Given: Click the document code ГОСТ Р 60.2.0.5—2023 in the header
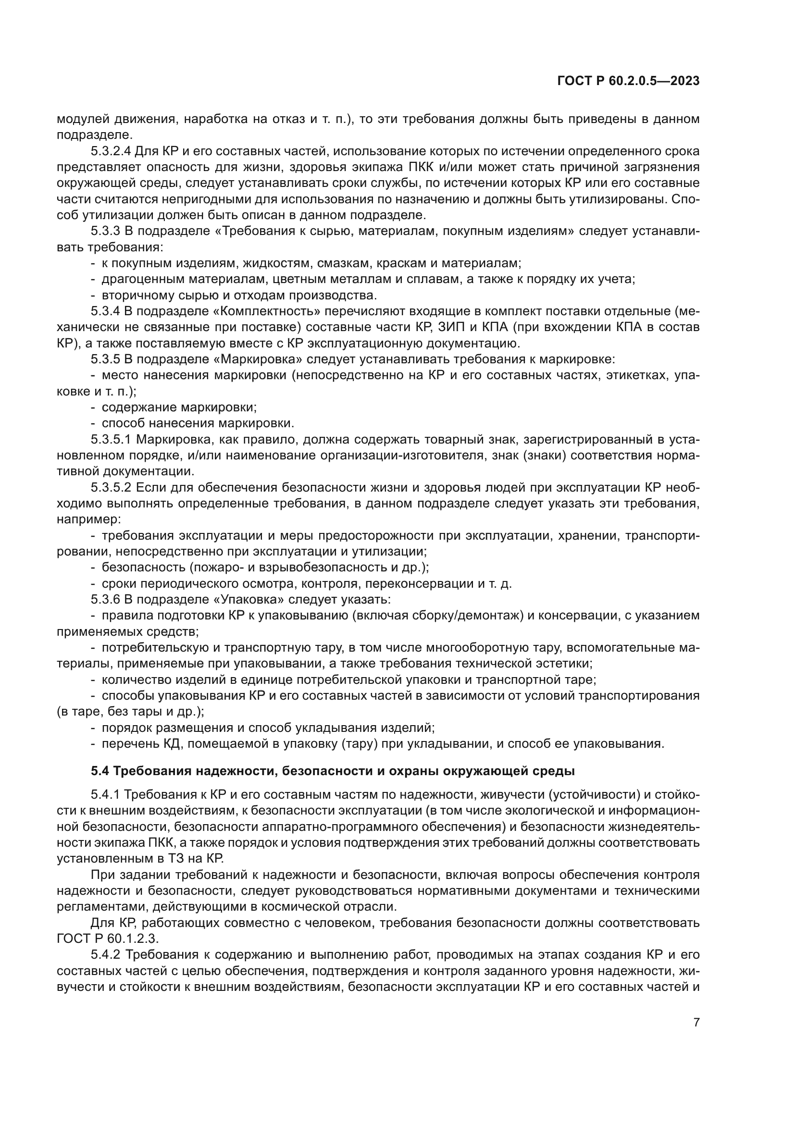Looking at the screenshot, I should click(x=628, y=81).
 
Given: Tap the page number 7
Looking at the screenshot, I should click(x=696, y=1022).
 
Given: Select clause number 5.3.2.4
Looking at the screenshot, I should click(x=111, y=151).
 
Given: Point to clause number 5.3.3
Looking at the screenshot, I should click(x=105, y=231).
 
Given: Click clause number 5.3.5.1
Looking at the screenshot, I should click(x=111, y=440).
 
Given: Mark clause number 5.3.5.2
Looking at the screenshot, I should click(x=111, y=488).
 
